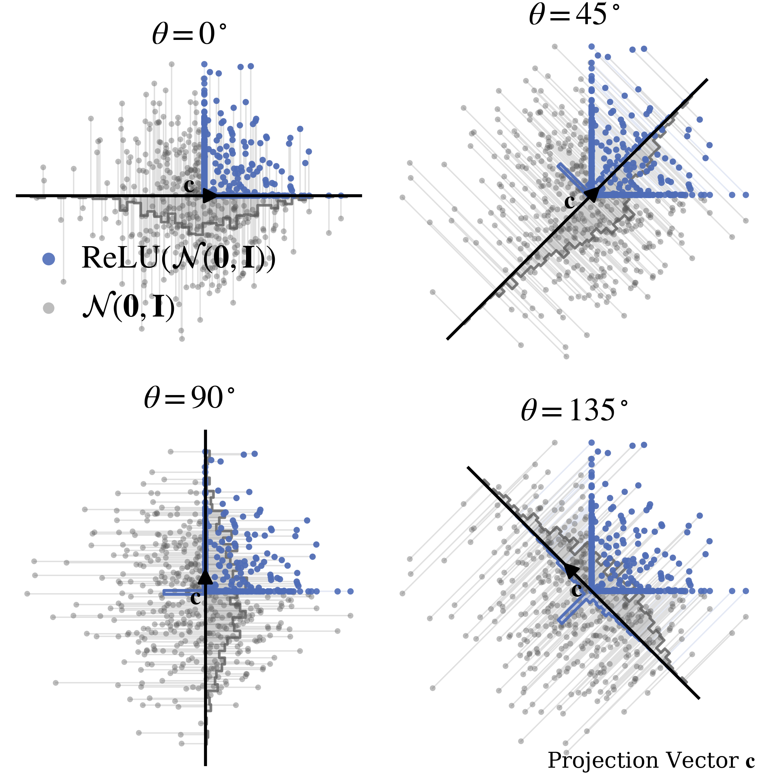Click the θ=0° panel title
[189, 34]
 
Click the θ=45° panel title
[574, 15]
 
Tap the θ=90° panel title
[189, 398]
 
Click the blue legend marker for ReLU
[48, 259]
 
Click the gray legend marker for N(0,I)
[48, 308]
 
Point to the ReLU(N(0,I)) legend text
[178, 258]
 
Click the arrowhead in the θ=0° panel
[209, 196]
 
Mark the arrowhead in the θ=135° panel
[571, 569]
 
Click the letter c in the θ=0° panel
[189, 186]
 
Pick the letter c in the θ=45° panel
[569, 201]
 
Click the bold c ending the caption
[750, 761]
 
